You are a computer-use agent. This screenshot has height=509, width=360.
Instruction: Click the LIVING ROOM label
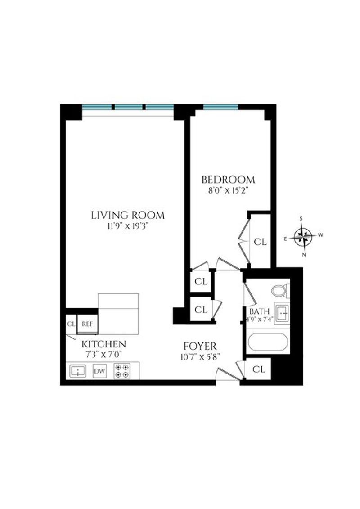pos(127,215)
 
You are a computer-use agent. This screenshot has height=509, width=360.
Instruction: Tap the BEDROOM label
pos(228,180)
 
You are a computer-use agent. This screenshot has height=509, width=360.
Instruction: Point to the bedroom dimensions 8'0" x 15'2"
pos(228,191)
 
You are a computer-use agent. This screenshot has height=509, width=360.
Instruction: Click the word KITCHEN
pos(103,344)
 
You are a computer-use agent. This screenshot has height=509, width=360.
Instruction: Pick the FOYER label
pos(200,346)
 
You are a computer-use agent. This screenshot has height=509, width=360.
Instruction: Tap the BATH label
pos(259,311)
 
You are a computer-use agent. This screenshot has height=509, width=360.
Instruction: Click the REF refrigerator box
pos(87,324)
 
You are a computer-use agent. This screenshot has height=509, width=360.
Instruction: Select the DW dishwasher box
pos(99,371)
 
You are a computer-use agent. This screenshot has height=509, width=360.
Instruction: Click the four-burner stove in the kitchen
pos(122,371)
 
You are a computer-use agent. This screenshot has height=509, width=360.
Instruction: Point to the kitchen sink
pos(78,371)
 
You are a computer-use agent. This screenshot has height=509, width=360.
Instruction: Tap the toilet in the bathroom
pos(280,290)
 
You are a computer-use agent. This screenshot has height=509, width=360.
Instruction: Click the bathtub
pos(268,342)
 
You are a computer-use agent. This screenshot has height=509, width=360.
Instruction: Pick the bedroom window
pos(221,107)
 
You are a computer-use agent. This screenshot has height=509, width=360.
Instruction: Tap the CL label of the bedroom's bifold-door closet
pos(260,242)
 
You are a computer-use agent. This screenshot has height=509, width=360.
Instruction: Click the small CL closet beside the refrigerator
pos(71,324)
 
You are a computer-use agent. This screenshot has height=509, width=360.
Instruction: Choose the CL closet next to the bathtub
pos(259,369)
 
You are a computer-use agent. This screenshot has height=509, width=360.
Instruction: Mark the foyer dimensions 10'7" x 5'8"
pos(200,357)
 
